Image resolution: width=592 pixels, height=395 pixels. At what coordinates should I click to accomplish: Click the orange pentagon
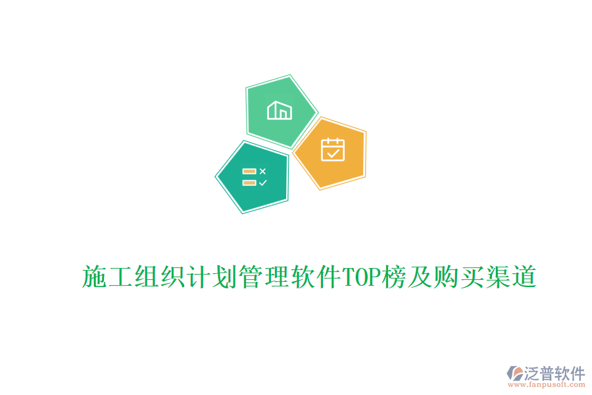(331, 153)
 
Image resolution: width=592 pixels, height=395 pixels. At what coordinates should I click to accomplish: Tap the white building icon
(279, 110)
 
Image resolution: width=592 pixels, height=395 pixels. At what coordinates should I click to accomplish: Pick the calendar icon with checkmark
(332, 149)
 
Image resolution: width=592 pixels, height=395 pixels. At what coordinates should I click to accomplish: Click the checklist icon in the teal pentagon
(254, 177)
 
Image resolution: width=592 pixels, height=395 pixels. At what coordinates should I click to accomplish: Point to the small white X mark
(262, 171)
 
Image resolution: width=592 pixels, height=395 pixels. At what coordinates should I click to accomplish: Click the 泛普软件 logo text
(555, 373)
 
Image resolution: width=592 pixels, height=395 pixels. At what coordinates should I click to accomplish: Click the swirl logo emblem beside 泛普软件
(514, 373)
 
